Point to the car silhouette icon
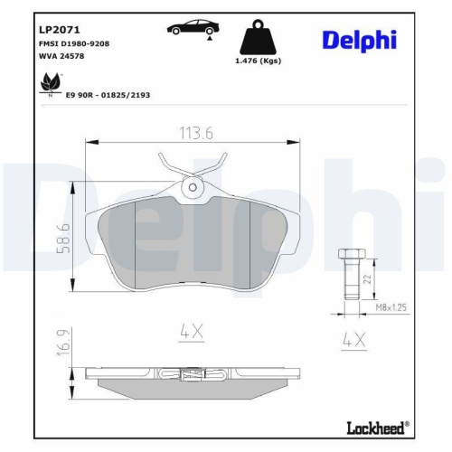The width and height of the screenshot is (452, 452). pos(191,28)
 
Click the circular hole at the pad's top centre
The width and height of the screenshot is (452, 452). pos(191,188)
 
